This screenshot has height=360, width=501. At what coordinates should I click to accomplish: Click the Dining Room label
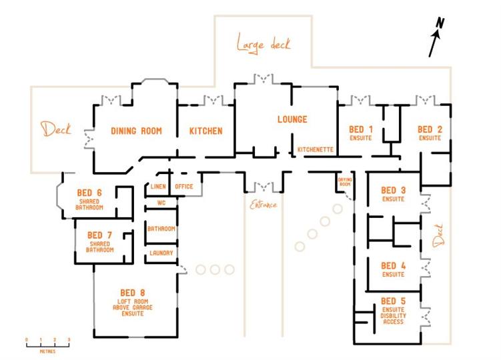coord(137,131)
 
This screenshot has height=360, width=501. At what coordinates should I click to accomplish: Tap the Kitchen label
coord(205,131)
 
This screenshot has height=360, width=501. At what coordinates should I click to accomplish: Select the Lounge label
coord(292,120)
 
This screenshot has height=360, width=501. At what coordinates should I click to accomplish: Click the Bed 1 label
coord(361,129)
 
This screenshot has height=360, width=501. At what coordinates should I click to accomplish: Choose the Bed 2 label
coord(430,129)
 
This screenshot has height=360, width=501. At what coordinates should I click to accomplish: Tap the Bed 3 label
coord(394,191)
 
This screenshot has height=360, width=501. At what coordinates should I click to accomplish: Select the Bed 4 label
coord(394,266)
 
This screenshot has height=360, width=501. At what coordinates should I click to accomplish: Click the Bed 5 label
coord(394,301)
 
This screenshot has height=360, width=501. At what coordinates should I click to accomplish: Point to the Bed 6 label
coord(89,193)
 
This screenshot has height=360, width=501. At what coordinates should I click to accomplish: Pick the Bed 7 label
coord(99,235)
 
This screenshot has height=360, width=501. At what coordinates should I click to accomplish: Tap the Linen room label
coord(158,187)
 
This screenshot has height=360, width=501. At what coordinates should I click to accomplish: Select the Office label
coord(184,187)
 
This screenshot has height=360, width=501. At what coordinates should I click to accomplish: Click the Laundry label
coord(161,253)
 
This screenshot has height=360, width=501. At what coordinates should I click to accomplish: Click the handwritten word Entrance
coord(264,205)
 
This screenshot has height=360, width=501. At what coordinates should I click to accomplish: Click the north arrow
coord(436,38)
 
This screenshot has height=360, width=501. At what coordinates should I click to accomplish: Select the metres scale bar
coord(47,342)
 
